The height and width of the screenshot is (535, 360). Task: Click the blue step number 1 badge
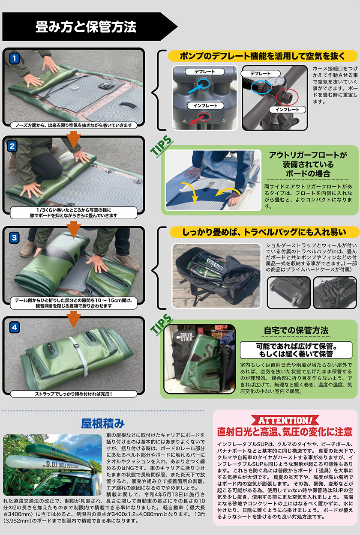click(x=14, y=58)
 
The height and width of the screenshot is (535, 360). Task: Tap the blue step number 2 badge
click(x=12, y=146)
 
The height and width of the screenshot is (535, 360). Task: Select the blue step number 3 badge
click(x=14, y=237)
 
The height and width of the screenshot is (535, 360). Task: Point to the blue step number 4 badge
click(x=14, y=327)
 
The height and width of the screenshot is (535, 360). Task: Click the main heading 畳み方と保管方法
click(x=86, y=26)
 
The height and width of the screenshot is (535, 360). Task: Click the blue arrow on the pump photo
click(x=195, y=88)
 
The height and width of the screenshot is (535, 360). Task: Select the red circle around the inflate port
click(x=287, y=97)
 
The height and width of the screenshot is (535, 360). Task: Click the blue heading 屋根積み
click(x=103, y=424)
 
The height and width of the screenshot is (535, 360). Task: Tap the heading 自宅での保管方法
click(x=296, y=330)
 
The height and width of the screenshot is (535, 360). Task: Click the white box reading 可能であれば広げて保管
click(x=296, y=350)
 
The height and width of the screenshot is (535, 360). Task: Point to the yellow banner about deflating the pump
click(x=263, y=56)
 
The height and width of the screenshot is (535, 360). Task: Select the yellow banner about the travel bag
click(x=264, y=232)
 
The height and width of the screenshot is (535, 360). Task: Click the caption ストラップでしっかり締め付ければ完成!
click(x=74, y=394)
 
